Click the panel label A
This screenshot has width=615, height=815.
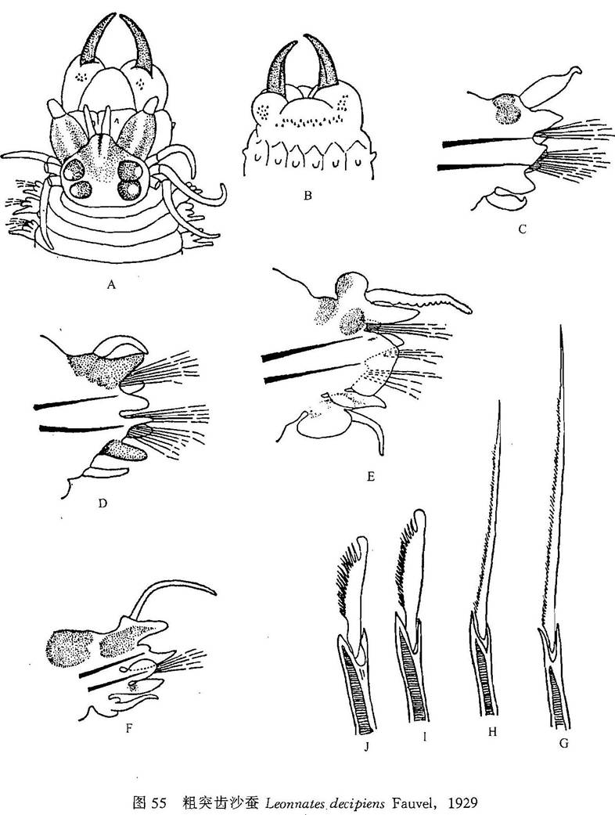(x=110, y=284)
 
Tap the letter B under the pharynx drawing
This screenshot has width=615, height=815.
(x=308, y=196)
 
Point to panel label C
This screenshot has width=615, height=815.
(x=523, y=229)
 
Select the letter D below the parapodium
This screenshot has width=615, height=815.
(x=102, y=503)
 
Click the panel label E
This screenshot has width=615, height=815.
(x=370, y=476)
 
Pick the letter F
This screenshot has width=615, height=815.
(x=128, y=728)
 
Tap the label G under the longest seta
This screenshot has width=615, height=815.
(x=563, y=744)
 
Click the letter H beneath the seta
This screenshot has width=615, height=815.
(x=492, y=732)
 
